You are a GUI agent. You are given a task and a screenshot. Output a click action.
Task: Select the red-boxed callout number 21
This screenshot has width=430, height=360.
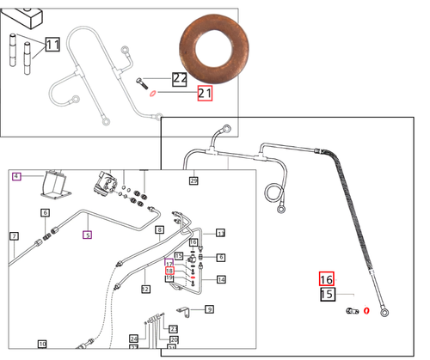click(x=204, y=93)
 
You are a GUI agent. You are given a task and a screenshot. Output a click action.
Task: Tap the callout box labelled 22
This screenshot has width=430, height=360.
click(x=179, y=78)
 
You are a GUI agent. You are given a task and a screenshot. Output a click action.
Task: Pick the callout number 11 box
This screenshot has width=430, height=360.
click(x=52, y=44)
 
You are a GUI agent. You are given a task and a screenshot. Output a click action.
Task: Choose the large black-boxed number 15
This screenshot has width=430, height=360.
click(x=326, y=294)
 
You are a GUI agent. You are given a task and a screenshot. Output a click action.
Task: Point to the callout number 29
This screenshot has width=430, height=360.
click(x=193, y=180)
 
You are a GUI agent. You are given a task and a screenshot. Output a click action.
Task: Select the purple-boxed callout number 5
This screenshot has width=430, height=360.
click(x=87, y=233)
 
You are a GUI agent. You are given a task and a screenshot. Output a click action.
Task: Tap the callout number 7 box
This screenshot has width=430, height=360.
click(x=14, y=235)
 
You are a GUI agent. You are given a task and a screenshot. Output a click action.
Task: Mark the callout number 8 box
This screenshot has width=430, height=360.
click(x=159, y=230)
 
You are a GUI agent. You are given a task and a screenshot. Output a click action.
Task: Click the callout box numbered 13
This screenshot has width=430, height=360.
click(x=220, y=233)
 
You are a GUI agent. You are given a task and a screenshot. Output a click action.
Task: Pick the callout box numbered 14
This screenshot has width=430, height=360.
click(x=221, y=279)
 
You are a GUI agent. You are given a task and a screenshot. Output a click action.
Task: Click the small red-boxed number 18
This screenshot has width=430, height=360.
click(x=169, y=271)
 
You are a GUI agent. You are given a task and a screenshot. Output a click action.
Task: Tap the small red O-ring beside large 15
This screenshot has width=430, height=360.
click(x=366, y=310)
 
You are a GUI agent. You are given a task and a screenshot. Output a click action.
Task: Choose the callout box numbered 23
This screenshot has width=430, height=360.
click(x=173, y=329)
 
